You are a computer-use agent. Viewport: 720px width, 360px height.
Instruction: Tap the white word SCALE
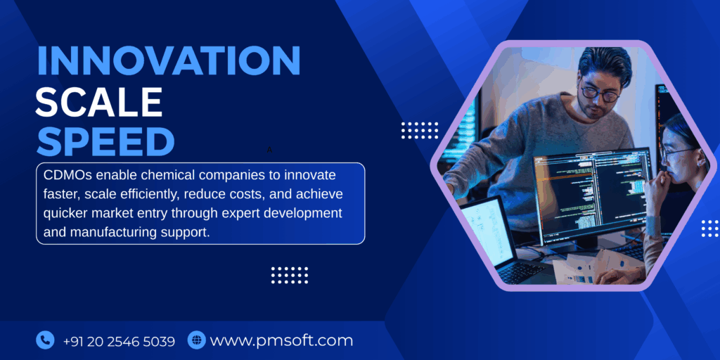pos(99,102)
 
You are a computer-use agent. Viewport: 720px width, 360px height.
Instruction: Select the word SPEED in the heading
pos(105,142)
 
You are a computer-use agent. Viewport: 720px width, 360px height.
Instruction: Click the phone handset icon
pos(45,340)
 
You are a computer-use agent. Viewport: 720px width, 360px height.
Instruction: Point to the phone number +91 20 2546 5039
pos(119,341)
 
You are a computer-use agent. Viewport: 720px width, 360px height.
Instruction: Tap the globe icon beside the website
pos(196,340)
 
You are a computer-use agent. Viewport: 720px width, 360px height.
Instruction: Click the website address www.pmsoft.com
pos(281,341)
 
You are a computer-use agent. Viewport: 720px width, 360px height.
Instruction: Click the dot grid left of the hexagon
pos(420,130)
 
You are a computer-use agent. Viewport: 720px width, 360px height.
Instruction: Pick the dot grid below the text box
pos(290,274)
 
